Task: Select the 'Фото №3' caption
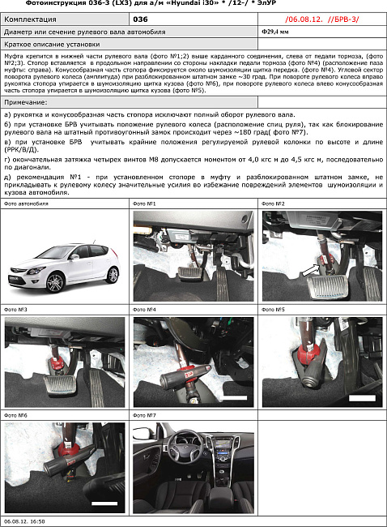point(16,310)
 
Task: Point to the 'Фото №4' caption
point(145,310)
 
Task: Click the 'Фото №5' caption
point(274,310)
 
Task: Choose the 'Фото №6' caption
point(16,415)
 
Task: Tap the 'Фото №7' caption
point(145,415)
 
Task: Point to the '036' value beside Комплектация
point(140,18)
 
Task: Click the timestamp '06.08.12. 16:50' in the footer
point(24,522)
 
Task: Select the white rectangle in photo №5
point(361,399)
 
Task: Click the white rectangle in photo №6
point(104,503)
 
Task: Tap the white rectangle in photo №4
point(234,399)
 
